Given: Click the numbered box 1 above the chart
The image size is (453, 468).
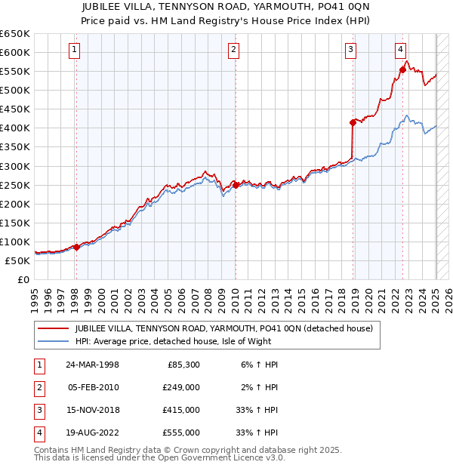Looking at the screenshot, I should point(75,51).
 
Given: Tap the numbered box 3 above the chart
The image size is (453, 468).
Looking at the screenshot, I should point(351,51).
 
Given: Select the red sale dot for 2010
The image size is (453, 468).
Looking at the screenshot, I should point(236,185).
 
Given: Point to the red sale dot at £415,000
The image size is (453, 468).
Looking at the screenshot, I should point(353,122).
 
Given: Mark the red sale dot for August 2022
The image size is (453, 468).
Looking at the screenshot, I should point(402,69).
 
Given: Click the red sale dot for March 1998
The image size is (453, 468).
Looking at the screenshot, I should point(76,247).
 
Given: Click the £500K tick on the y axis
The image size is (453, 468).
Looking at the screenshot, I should point(14,90).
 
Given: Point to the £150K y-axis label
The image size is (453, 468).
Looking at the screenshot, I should point(14,223).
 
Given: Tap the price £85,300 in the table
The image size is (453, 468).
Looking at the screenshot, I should point(182,365).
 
